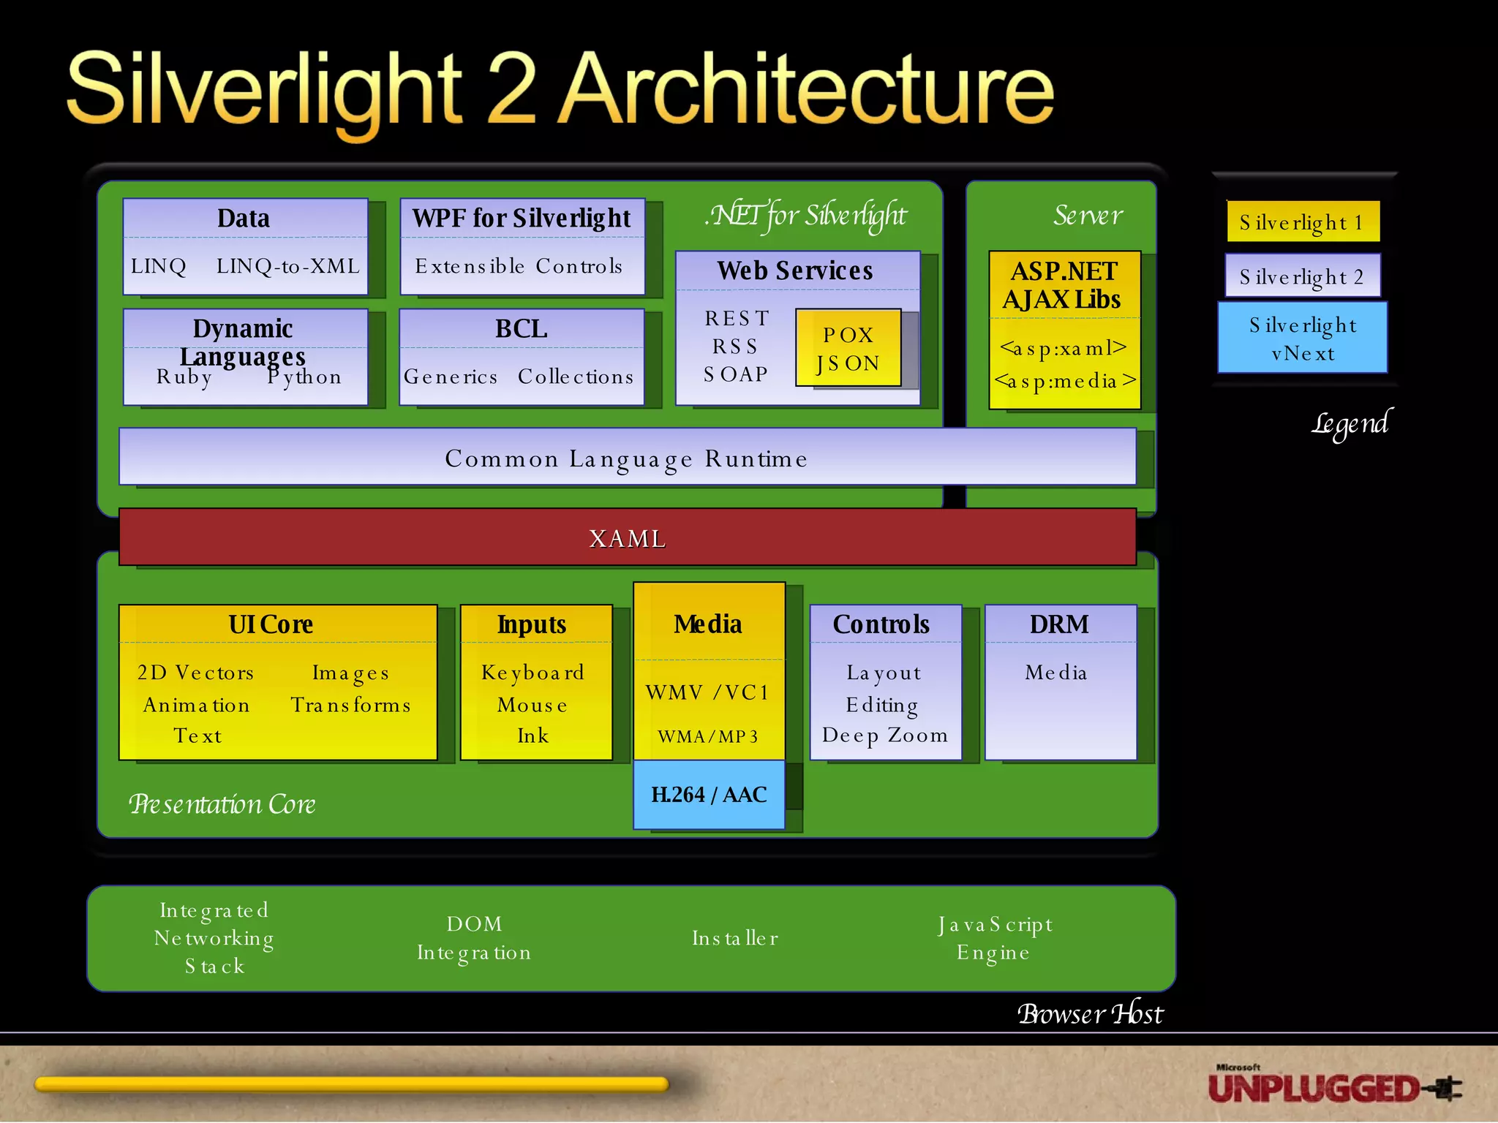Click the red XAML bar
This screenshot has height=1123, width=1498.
627,538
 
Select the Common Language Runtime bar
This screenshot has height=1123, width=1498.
627,458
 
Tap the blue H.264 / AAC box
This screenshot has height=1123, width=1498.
708,795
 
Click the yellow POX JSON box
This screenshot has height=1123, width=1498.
848,349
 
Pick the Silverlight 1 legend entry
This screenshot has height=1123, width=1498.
1303,222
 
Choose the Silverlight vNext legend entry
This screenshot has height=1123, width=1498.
1302,339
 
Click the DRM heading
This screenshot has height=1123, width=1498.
1059,624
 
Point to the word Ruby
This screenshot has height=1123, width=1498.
184,377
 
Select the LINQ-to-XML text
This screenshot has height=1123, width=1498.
287,266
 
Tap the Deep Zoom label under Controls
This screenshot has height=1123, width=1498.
884,736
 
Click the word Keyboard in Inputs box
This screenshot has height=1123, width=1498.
532,673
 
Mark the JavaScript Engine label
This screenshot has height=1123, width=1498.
995,938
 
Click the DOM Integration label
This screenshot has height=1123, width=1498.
474,938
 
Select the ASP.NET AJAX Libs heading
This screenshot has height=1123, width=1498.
1063,285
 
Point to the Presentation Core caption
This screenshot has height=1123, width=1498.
222,804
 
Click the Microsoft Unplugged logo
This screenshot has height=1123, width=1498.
1333,1086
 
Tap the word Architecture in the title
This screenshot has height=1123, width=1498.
808,90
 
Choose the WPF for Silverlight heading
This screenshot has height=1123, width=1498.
521,218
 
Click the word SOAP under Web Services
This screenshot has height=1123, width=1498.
735,374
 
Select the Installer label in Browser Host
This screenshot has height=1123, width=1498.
735,938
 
